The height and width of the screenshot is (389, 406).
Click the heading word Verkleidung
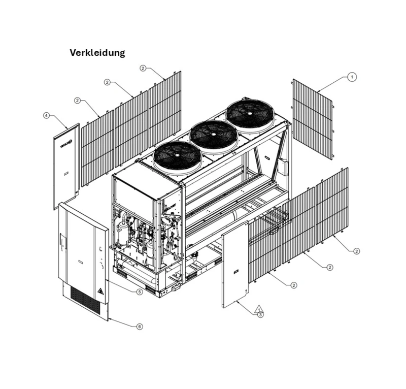97,53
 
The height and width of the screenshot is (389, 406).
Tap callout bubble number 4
47,116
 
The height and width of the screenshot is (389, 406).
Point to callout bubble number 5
140,291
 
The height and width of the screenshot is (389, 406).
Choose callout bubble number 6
140,327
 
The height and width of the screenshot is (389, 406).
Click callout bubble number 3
260,315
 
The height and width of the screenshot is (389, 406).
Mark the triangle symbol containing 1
259,308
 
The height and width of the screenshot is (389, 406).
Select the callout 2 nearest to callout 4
77,101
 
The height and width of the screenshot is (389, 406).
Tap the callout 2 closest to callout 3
293,285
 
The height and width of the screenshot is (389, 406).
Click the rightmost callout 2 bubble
357,251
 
